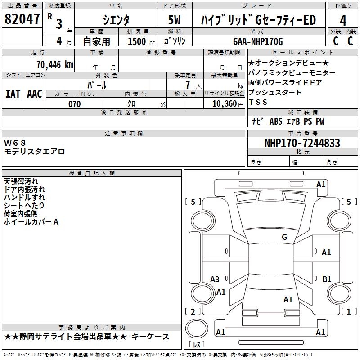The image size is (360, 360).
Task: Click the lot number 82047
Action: click(22, 19)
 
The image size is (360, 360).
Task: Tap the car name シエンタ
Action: click(115, 20)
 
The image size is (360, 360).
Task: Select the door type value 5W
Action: click(175, 20)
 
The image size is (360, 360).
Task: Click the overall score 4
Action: click(343, 20)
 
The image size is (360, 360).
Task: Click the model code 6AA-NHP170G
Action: click(258, 41)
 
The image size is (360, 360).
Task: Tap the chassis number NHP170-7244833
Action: click(302, 143)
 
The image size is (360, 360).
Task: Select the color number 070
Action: click(74, 104)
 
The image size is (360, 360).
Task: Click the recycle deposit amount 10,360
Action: click(222, 104)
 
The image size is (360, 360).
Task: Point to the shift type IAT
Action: click(13, 94)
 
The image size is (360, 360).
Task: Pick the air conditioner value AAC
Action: click(35, 94)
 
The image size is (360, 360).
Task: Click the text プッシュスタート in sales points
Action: click(274, 92)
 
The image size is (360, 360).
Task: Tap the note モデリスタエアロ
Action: click(35, 152)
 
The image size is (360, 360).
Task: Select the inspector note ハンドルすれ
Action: click(24, 197)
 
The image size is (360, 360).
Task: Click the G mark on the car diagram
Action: click(284, 237)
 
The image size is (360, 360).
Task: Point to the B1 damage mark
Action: click(327, 279)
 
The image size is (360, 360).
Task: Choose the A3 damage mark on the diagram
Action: click(215, 279)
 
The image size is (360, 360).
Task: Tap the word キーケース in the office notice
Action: click(153, 337)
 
